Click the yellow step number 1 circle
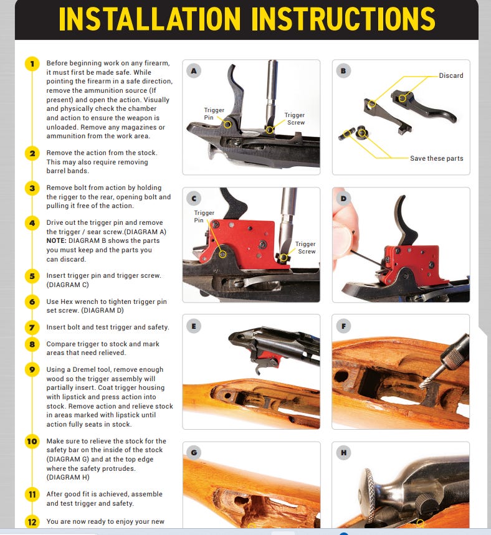click(32, 64)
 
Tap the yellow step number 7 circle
click(32, 328)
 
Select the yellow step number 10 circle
click(32, 442)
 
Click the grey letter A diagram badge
click(194, 71)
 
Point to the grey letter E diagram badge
click(194, 326)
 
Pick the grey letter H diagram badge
click(343, 453)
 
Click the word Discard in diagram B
click(451, 76)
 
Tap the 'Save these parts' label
click(437, 158)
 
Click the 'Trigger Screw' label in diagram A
click(295, 119)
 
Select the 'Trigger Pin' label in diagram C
click(204, 216)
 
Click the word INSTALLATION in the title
click(150, 19)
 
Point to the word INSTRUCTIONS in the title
click(343, 19)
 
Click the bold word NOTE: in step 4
click(56, 240)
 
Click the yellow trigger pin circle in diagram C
click(222, 254)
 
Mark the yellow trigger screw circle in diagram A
click(269, 130)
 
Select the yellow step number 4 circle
click(32, 223)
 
